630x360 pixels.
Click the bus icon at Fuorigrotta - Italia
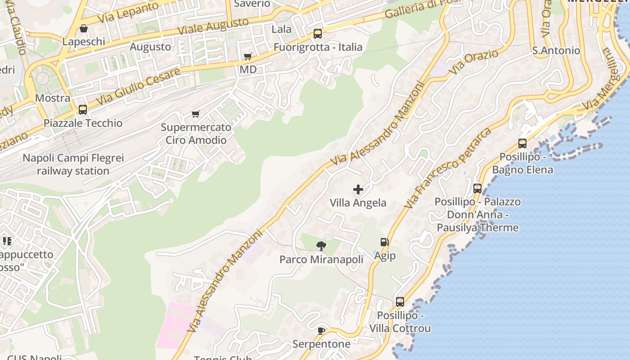318,33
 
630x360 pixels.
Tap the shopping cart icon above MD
247,56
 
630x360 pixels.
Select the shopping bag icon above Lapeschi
83,29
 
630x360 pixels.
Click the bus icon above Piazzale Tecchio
83,109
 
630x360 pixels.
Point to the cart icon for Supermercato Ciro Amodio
195,114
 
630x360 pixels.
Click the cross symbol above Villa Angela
358,189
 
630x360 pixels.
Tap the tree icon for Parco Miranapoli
321,246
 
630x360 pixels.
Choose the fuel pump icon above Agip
384,242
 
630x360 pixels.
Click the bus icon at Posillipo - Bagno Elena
522,144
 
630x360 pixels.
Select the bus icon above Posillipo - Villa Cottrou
400,302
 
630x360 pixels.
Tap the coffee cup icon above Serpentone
321,331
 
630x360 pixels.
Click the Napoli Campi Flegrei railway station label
73,165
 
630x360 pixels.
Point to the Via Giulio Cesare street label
137,87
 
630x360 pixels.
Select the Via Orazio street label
475,62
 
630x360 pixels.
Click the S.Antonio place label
556,50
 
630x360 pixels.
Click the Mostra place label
53,98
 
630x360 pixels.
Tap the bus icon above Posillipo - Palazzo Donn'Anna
477,189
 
